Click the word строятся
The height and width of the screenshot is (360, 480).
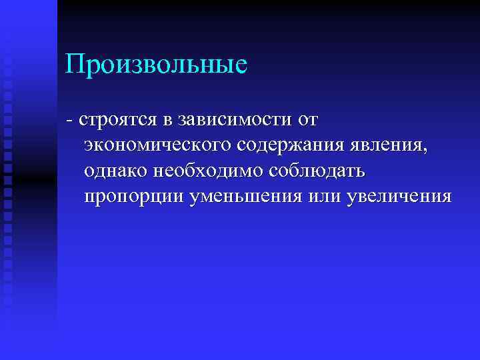(x=118, y=121)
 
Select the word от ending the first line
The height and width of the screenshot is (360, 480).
(x=306, y=121)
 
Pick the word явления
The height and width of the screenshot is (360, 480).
(x=387, y=147)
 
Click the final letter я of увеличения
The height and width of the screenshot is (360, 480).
(x=447, y=199)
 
